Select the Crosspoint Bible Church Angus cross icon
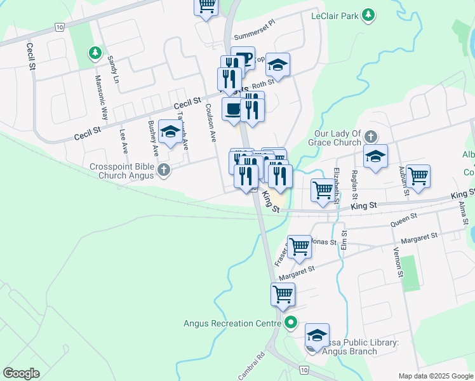coord(164,170)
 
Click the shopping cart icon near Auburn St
coord(418,177)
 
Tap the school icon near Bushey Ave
coord(170,132)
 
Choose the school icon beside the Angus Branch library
coord(318,335)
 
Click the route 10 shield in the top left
coord(59,27)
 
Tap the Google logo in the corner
coord(21,373)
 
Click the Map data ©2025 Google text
coord(435,376)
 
